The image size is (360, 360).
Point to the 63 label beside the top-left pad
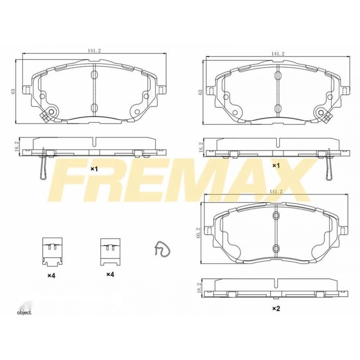click(x=13, y=91)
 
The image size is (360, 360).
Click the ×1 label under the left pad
click(x=94, y=169)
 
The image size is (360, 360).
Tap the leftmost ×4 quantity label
click(x=51, y=276)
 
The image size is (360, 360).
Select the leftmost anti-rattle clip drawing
click(x=52, y=251)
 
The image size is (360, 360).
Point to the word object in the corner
click(x=24, y=312)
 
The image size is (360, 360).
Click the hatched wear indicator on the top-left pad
click(x=45, y=116)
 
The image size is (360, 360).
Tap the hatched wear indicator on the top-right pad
click(x=327, y=116)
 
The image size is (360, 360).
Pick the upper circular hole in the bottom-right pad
click(x=276, y=216)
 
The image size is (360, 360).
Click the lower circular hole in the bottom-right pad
click(x=276, y=249)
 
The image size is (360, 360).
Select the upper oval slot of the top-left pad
click(x=94, y=75)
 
